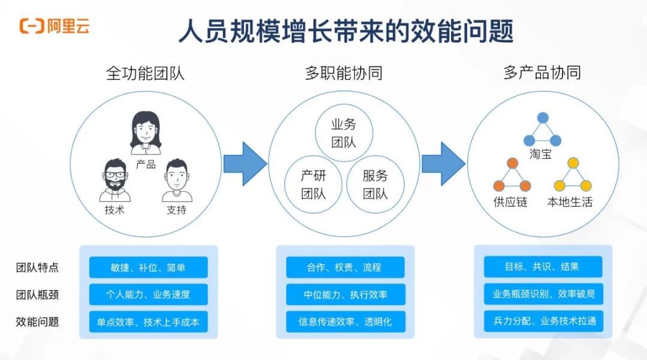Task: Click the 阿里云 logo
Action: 55,26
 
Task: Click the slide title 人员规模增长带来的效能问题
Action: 346,31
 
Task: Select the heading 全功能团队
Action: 146,73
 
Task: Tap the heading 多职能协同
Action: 343,73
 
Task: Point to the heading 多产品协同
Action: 542,73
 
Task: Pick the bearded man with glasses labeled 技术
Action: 114,180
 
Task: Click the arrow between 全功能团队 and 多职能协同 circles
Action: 244,163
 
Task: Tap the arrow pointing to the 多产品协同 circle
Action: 443,163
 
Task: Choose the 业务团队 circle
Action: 344,133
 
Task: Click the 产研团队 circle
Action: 313,184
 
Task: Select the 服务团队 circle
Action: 375,184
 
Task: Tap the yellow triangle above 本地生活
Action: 573,177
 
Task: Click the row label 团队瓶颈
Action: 37,295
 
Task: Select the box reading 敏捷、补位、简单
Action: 149,267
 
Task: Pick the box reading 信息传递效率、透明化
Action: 345,322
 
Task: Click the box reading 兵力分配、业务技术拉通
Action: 543,321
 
